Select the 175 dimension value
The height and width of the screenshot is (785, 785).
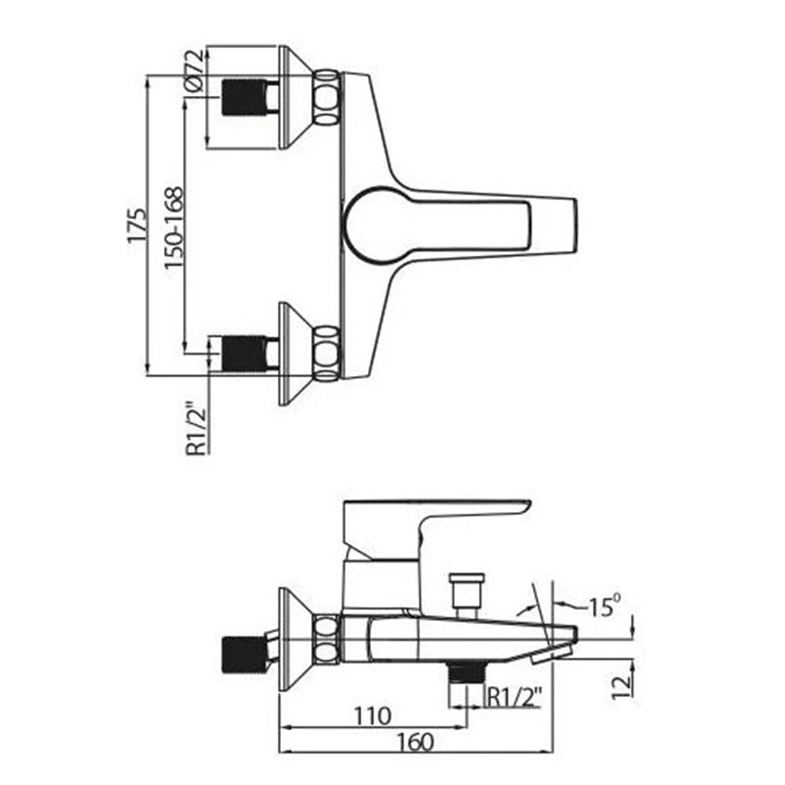pos(137,225)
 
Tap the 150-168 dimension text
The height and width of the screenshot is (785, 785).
pos(173,228)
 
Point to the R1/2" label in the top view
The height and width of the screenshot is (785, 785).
pos(196,429)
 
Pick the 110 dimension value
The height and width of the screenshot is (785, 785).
pos(372,716)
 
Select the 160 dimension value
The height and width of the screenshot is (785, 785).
pos(415,742)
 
